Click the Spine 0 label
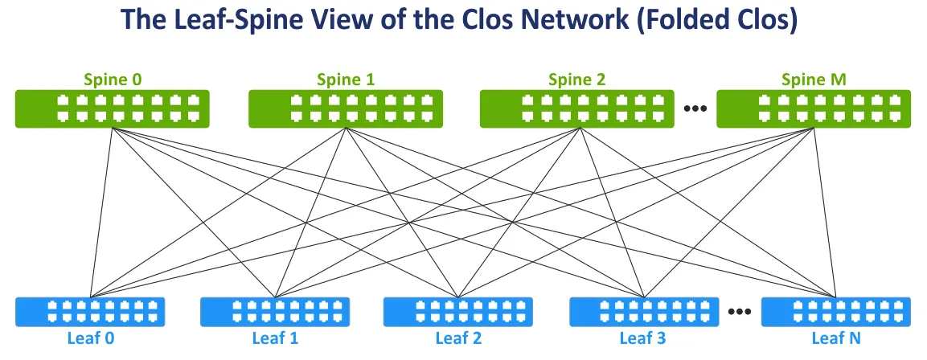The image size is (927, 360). [112, 80]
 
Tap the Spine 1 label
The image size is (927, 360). [346, 80]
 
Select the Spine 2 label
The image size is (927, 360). [576, 80]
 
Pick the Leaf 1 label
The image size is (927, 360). [274, 337]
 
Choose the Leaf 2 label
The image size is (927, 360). [458, 337]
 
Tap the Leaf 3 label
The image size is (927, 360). [642, 337]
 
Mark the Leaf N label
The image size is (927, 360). [836, 337]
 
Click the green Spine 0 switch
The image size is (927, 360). [112, 108]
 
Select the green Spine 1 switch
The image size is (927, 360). [346, 108]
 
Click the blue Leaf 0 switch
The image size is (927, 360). [90, 312]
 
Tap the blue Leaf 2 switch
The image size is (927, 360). [458, 312]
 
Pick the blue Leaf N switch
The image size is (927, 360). [836, 312]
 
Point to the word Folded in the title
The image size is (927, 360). [692, 22]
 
